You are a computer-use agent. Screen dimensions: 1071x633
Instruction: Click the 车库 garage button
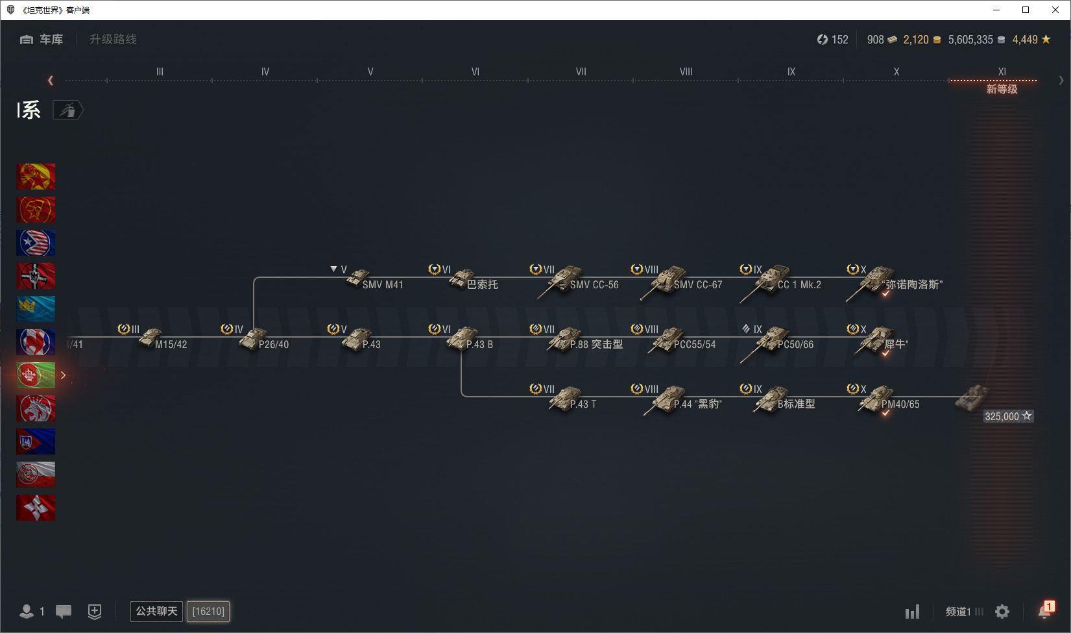coord(42,39)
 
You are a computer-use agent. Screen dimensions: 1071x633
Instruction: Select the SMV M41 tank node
coord(376,279)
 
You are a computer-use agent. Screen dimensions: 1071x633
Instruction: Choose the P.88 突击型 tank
coord(585,340)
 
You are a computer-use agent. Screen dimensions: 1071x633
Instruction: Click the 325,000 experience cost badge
coord(1008,416)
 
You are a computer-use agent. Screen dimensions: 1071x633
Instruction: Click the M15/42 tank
coord(163,339)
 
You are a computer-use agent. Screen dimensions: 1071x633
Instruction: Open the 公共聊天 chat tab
coord(156,611)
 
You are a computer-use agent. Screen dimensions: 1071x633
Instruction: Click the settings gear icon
coord(1002,612)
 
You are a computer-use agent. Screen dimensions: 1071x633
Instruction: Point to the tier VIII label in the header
coord(686,72)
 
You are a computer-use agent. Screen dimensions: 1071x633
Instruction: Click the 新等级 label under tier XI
coord(1002,89)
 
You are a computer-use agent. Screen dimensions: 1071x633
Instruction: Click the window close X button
coord(1055,10)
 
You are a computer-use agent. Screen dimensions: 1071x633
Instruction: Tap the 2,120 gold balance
coord(915,40)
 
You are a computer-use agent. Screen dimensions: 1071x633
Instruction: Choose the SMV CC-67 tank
coord(681,282)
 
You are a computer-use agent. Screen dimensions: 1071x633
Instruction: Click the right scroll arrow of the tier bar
coord(1061,81)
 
